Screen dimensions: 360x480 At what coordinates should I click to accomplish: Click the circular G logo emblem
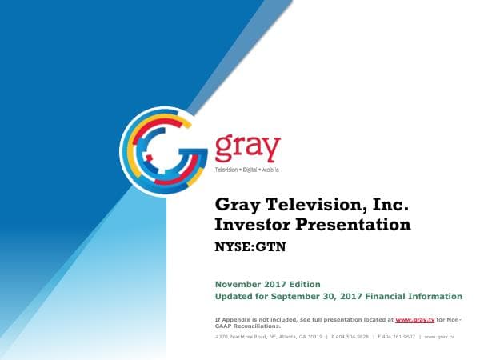[164, 151]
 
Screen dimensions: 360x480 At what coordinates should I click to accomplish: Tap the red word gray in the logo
[248, 149]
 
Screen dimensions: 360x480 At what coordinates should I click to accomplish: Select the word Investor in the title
[255, 225]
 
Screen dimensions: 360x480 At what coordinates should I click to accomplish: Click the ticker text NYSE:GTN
[251, 247]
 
